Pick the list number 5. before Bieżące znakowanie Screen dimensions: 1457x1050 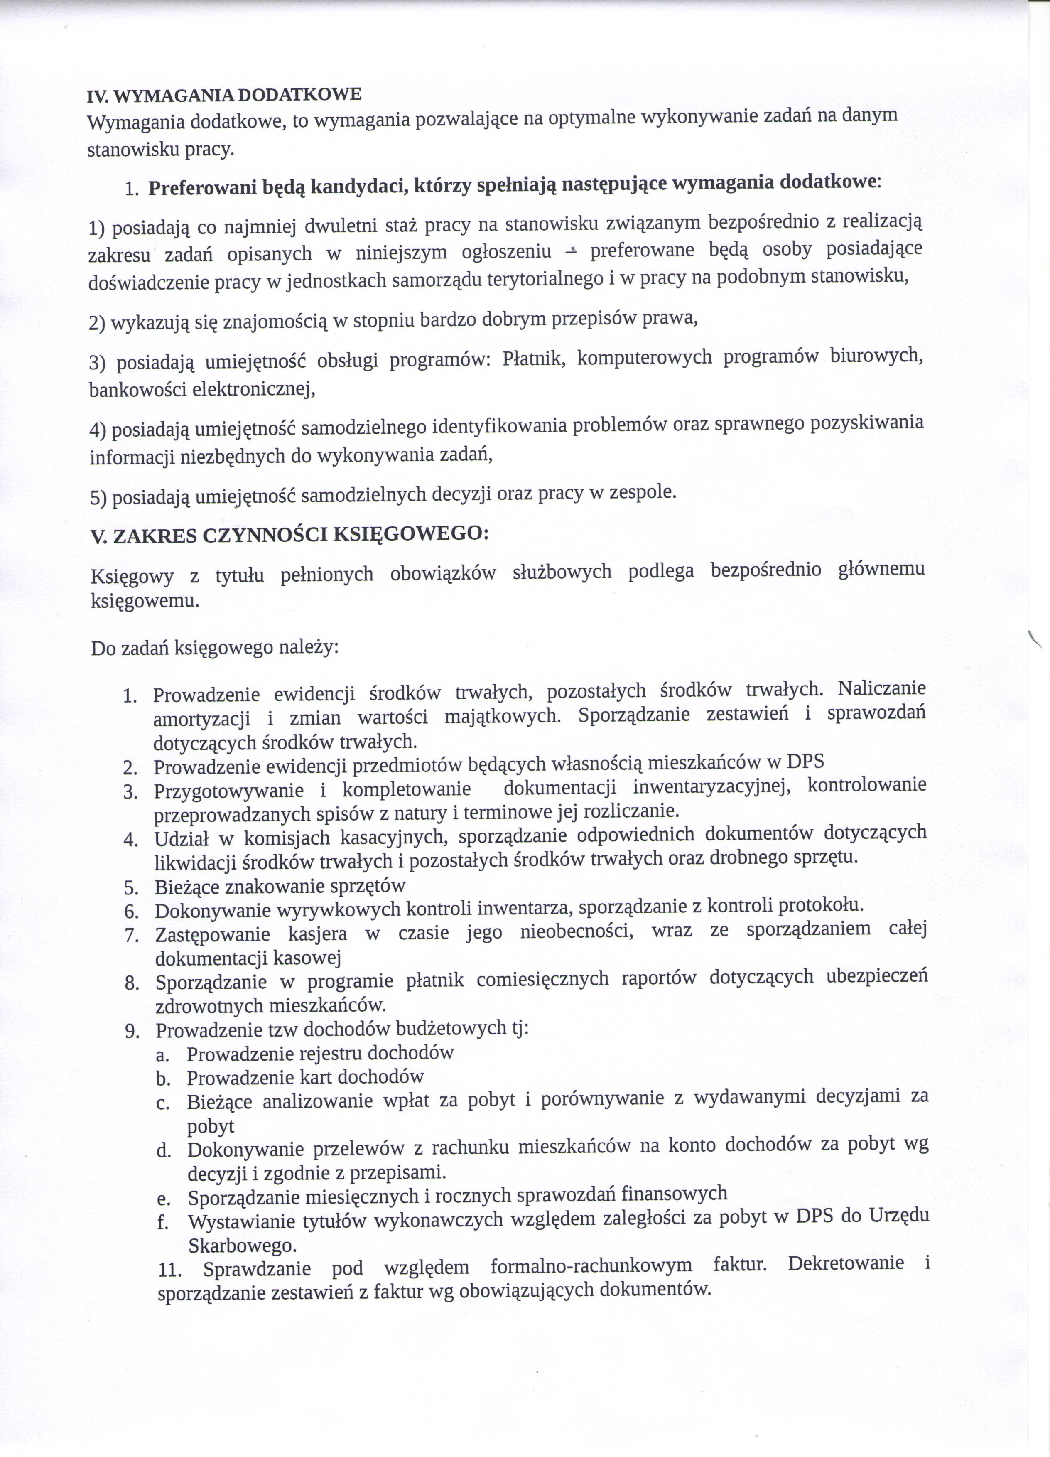click(x=132, y=888)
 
